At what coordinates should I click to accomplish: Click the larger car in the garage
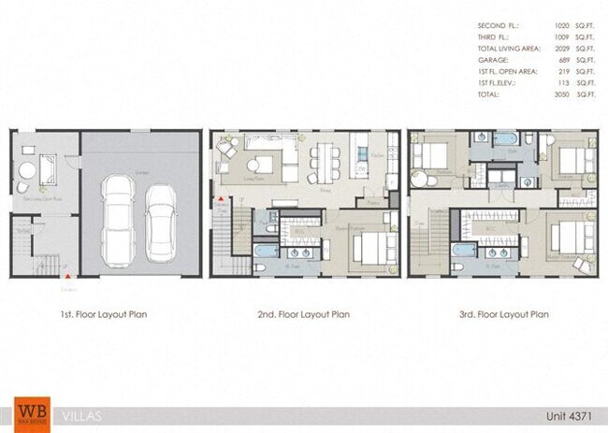pyautogui.click(x=121, y=214)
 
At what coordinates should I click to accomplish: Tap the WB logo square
pyautogui.click(x=30, y=412)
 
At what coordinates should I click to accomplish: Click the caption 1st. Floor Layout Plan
pyautogui.click(x=100, y=314)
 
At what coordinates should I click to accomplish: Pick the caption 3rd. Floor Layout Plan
pyautogui.click(x=500, y=314)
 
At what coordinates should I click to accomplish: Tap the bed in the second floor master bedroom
pyautogui.click(x=368, y=249)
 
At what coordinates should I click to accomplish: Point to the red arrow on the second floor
pyautogui.click(x=220, y=199)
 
